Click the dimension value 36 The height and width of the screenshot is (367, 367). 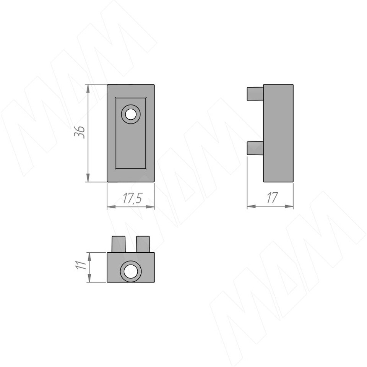pyautogui.click(x=80, y=132)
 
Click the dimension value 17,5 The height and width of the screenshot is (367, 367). pyautogui.click(x=132, y=198)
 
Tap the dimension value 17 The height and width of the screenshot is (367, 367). pyautogui.click(x=272, y=198)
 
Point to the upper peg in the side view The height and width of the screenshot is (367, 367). pyautogui.click(x=255, y=94)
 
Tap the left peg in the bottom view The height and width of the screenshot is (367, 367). pyautogui.click(x=119, y=244)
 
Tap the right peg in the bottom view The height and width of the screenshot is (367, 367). pyautogui.click(x=143, y=244)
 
